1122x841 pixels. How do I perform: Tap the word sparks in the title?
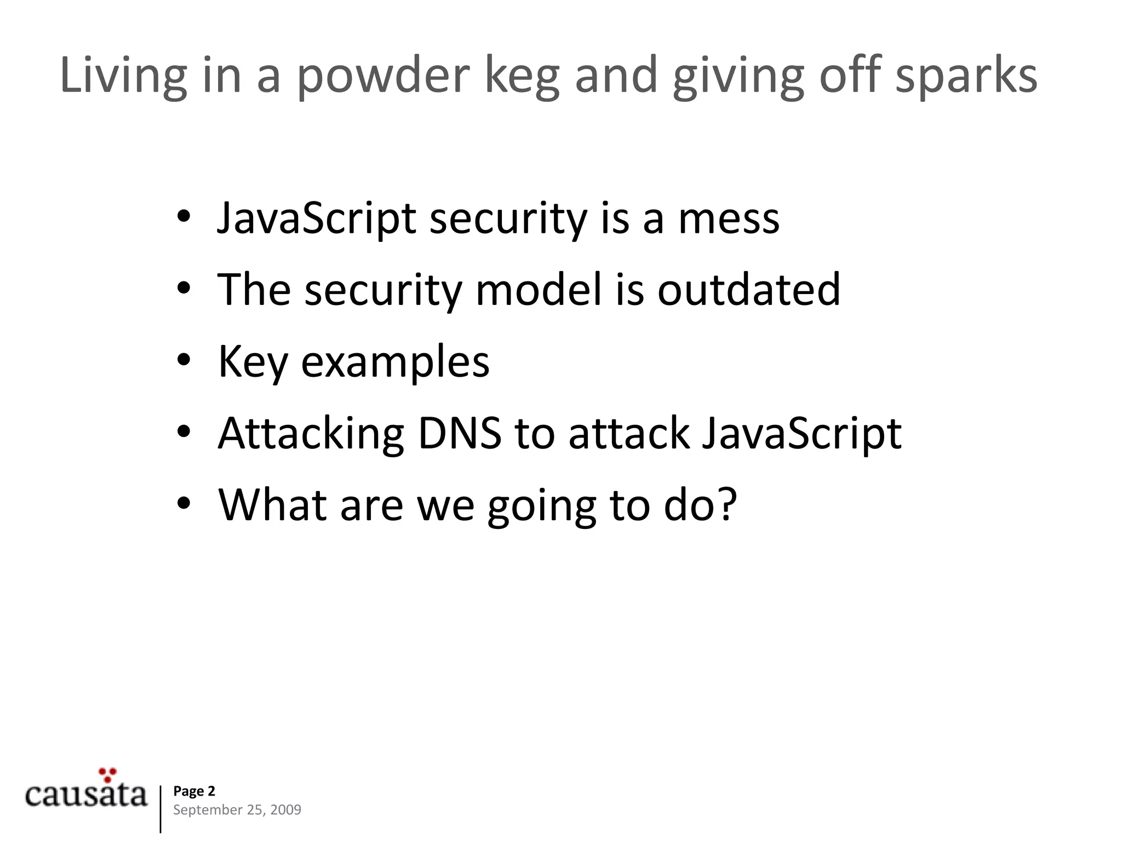(x=966, y=77)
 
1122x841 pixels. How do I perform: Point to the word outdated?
(x=748, y=290)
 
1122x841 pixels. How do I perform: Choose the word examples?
(x=395, y=362)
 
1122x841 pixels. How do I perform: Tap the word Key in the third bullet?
(x=253, y=362)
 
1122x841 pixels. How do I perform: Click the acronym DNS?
(x=460, y=434)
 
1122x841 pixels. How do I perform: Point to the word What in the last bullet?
(x=272, y=504)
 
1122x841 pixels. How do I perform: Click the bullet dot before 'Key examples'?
(x=184, y=360)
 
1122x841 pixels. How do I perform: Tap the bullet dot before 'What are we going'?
(x=184, y=503)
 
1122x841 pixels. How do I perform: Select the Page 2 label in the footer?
(x=194, y=791)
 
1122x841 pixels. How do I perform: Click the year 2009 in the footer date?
(x=285, y=810)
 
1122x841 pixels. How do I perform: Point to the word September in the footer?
(x=200, y=810)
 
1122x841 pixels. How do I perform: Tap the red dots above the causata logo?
(x=108, y=774)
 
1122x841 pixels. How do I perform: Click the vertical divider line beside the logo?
(x=161, y=809)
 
